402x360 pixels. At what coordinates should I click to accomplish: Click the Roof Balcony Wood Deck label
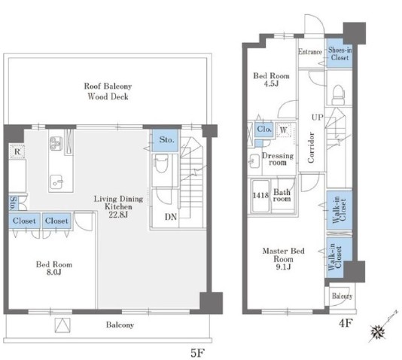pos(108,91)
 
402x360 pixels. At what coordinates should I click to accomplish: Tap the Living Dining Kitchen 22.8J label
pos(118,206)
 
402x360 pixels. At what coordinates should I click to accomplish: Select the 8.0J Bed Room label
pos(54,268)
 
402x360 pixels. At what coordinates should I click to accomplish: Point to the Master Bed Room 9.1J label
pos(283,259)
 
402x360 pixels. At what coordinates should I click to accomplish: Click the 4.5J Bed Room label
pos(271,80)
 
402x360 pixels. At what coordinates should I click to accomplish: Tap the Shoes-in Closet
pos(340,53)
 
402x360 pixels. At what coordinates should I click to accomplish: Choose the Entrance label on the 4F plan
pos(310,52)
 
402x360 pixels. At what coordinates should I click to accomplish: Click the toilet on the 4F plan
pos(338,95)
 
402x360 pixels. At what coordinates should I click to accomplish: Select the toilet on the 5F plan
pos(161,163)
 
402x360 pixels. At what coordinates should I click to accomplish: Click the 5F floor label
pos(197,353)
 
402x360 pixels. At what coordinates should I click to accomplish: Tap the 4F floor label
pos(346,323)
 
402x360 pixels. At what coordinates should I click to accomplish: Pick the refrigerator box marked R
pos(17,151)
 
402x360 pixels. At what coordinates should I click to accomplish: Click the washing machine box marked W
pos(284,130)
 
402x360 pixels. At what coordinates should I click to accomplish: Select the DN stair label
pos(171,217)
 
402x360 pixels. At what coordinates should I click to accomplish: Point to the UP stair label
pos(318,117)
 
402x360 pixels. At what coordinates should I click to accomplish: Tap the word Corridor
pos(311,148)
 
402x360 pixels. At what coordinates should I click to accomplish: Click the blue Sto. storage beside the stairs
pos(166,140)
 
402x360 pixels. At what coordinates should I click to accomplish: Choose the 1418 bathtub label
pos(260,195)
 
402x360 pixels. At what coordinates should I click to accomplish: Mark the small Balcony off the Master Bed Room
pos(342,296)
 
